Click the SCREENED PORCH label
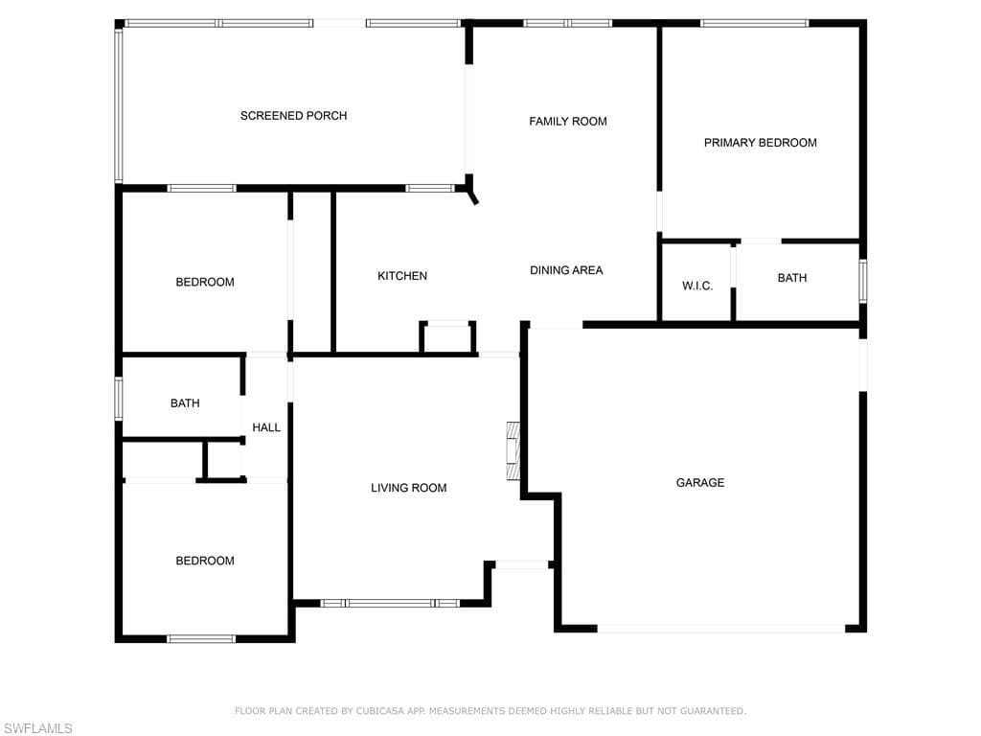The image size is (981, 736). pyautogui.click(x=293, y=116)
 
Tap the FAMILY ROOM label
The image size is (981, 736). pyautogui.click(x=568, y=122)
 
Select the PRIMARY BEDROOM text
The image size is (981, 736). pyautogui.click(x=760, y=143)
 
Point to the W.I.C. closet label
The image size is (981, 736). pyautogui.click(x=697, y=286)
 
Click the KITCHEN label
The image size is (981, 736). pyautogui.click(x=402, y=276)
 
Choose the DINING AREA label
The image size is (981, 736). pyautogui.click(x=566, y=270)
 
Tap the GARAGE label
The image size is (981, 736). pyautogui.click(x=700, y=483)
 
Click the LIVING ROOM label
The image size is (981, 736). pyautogui.click(x=408, y=488)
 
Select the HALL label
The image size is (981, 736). pyautogui.click(x=266, y=427)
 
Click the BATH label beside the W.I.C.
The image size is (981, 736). pyautogui.click(x=792, y=278)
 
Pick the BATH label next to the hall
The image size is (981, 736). pyautogui.click(x=185, y=403)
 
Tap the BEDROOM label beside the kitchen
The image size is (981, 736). pyautogui.click(x=205, y=283)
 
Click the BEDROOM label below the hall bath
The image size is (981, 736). pyautogui.click(x=205, y=561)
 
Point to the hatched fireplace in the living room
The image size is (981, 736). pyautogui.click(x=513, y=450)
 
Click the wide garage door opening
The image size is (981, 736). pyautogui.click(x=721, y=628)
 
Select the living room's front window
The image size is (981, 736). pyautogui.click(x=390, y=604)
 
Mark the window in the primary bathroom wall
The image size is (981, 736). pyautogui.click(x=863, y=282)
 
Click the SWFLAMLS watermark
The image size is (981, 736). pyautogui.click(x=37, y=728)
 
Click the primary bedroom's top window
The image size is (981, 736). pyautogui.click(x=755, y=23)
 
